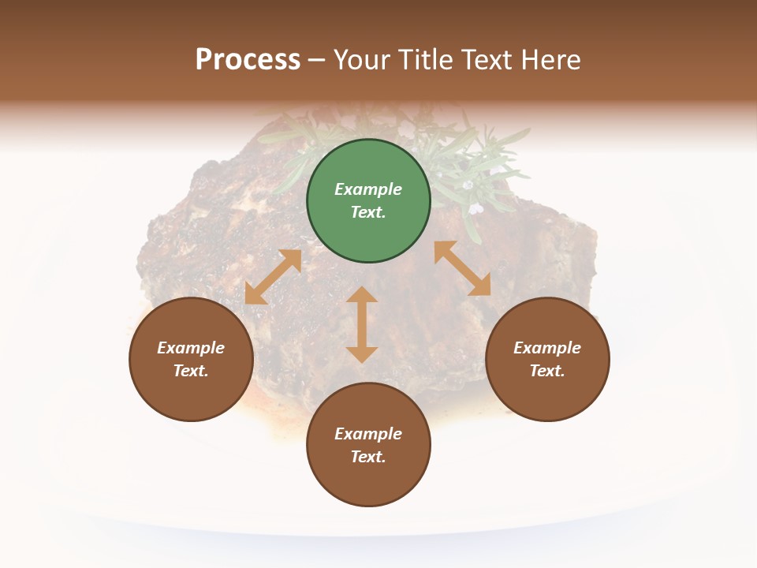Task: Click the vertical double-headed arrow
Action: pyautogui.click(x=362, y=324)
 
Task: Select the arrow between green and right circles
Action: pyautogui.click(x=462, y=268)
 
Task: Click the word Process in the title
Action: pyautogui.click(x=248, y=60)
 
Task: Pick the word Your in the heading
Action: pyautogui.click(x=363, y=60)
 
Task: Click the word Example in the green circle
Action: pyautogui.click(x=368, y=189)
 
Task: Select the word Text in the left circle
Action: pyautogui.click(x=191, y=371)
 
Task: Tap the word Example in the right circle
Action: pyautogui.click(x=547, y=348)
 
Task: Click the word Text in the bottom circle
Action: pyautogui.click(x=368, y=457)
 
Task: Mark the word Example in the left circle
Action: pyautogui.click(x=191, y=348)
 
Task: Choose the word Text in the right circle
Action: pyautogui.click(x=547, y=371)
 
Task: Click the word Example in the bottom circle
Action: pyautogui.click(x=368, y=434)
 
